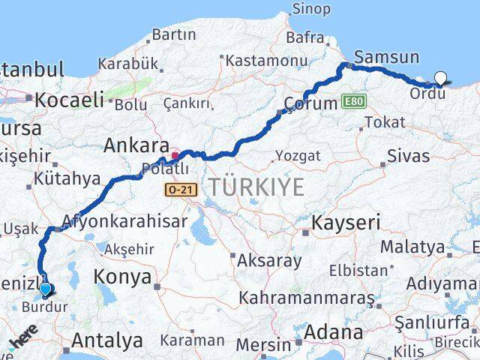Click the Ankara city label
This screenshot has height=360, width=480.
pyautogui.click(x=136, y=145)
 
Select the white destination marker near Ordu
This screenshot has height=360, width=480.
pyautogui.click(x=440, y=78)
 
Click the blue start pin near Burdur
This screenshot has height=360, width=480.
pyautogui.click(x=46, y=289)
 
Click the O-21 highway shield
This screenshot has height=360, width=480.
pyautogui.click(x=181, y=190)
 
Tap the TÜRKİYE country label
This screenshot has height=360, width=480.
pyautogui.click(x=256, y=187)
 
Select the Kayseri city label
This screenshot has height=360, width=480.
pyautogui.click(x=346, y=222)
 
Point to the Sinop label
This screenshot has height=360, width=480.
pyautogui.click(x=310, y=9)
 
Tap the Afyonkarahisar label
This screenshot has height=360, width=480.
pyautogui.click(x=124, y=222)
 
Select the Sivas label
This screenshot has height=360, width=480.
pyautogui.click(x=409, y=156)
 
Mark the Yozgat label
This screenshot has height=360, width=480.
pyautogui.click(x=298, y=155)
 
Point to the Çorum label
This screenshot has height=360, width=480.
pyautogui.click(x=310, y=104)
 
